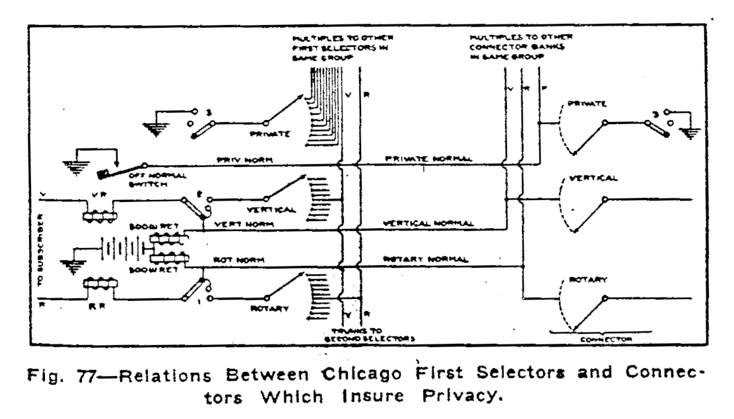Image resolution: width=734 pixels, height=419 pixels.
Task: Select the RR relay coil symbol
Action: (98, 284)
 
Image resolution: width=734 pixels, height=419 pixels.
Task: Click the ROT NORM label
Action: (231, 259)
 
